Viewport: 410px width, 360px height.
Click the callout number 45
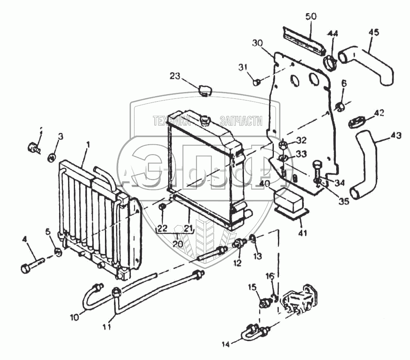point(374,32)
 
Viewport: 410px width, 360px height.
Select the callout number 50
point(311,17)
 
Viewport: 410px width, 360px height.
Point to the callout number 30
point(257,43)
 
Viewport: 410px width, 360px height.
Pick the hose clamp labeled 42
point(356,122)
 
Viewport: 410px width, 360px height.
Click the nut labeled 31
point(255,82)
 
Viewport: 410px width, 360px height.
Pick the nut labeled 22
point(162,208)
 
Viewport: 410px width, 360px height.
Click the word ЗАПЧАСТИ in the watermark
point(241,121)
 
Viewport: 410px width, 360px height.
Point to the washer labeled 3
point(52,157)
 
